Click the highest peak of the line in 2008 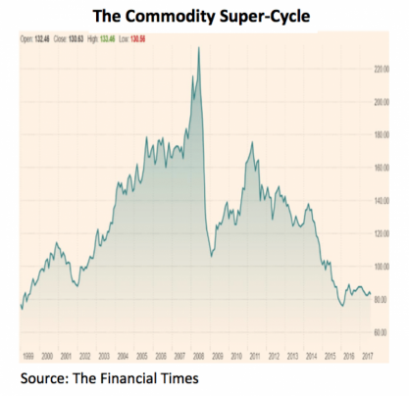click(199, 47)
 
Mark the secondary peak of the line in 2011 click(252, 143)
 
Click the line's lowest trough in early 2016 click(341, 306)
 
